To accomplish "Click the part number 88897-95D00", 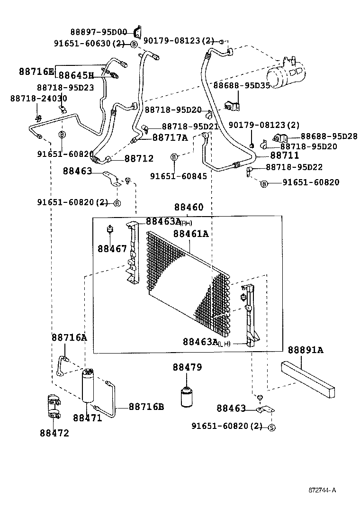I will tap(99, 32).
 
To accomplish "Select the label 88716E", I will tap(36, 72).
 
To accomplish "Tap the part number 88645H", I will tap(76, 75).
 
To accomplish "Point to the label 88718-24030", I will tap(38, 98).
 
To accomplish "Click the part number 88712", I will tap(139, 159).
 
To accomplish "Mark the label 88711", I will tap(284, 155).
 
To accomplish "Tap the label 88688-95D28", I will tap(329, 136).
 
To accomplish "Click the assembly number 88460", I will tap(189, 208).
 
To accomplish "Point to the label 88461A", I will tap(191, 234).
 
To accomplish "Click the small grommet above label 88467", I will tap(110, 230).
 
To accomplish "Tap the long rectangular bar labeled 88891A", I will tap(310, 380).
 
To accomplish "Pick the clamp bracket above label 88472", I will tap(54, 407).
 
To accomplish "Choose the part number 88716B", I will tap(146, 407).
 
